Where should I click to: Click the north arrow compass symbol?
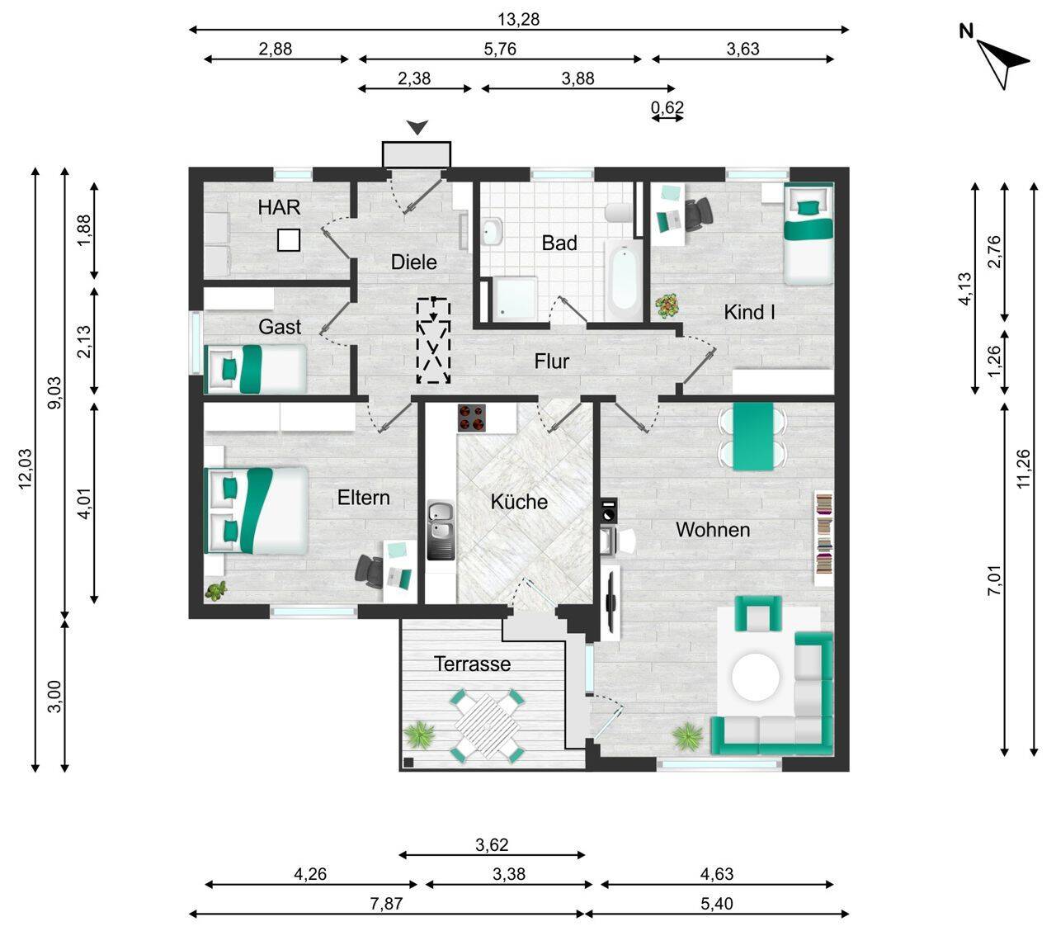click(1001, 64)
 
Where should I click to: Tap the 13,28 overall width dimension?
click(518, 19)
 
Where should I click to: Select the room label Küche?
click(519, 502)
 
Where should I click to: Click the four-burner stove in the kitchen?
click(471, 418)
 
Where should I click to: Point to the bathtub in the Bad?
click(625, 281)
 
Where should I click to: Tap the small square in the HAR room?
click(288, 240)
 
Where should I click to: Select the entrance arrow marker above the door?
click(417, 127)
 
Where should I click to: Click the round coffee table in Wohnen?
click(755, 677)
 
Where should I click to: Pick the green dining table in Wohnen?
click(752, 436)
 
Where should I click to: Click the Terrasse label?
click(472, 664)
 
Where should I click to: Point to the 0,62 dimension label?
click(667, 107)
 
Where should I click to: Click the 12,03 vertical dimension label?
click(26, 469)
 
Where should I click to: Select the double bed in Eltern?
click(257, 510)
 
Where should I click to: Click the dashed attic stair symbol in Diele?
click(433, 341)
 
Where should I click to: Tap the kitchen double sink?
click(441, 530)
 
